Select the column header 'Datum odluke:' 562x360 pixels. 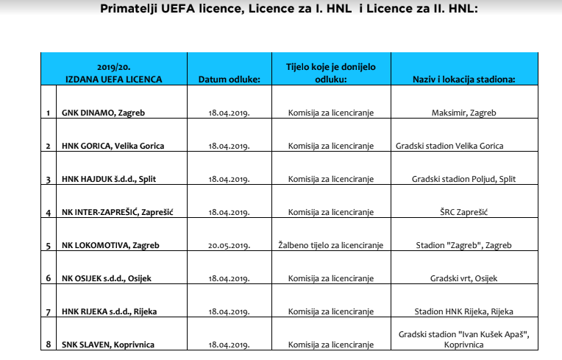[230, 79]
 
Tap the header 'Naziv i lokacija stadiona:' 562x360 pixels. [463, 79]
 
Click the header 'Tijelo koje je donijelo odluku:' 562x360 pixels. [330, 72]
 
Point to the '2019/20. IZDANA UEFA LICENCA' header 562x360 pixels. [119, 73]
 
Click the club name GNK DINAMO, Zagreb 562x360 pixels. [97, 113]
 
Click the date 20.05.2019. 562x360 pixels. [230, 245]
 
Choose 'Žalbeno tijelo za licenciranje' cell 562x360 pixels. [330, 245]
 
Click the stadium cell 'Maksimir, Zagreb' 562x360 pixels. [463, 113]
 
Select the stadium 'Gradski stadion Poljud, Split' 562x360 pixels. [463, 179]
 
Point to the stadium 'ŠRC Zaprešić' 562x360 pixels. [463, 212]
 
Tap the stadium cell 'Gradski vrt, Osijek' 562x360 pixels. [463, 278]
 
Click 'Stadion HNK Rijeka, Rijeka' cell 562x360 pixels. [463, 311]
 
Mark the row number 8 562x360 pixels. [48, 345]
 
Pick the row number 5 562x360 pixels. [48, 245]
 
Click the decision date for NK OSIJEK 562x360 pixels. [230, 278]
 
